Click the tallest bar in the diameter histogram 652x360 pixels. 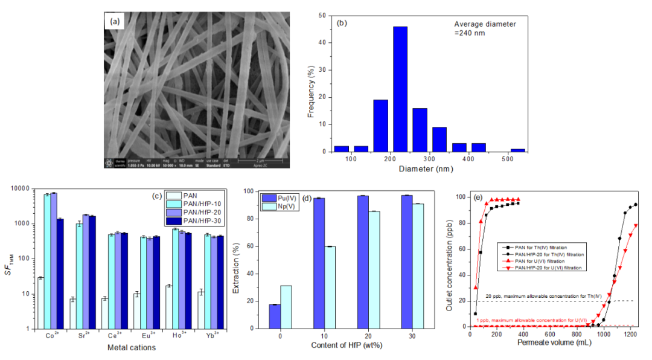coord(400,89)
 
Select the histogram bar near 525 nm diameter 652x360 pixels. coord(517,150)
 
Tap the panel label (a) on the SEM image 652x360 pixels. coord(114,21)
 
